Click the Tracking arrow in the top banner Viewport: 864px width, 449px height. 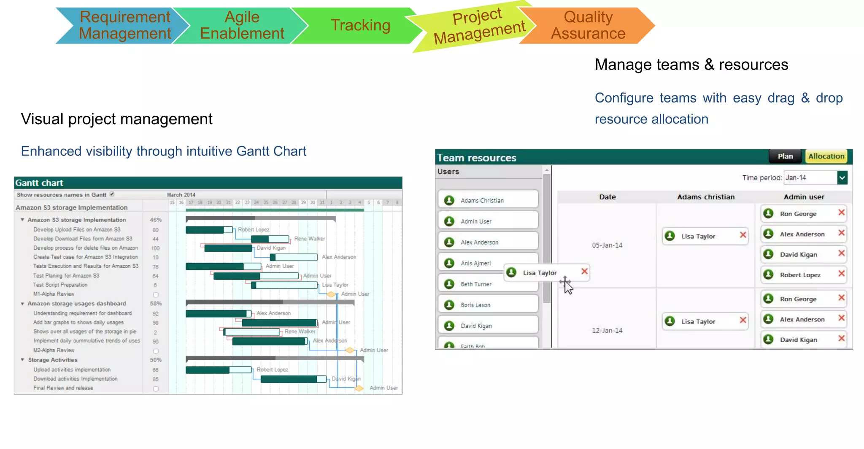pyautogui.click(x=360, y=25)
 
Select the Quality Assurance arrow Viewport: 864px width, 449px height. pyautogui.click(x=588, y=25)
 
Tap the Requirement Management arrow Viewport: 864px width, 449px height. pyautogui.click(x=124, y=25)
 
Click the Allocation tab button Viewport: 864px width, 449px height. pyautogui.click(x=826, y=156)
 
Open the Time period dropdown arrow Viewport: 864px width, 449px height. pyautogui.click(x=842, y=178)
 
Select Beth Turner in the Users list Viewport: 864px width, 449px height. pyautogui.click(x=476, y=284)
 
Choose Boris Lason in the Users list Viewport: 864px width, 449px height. pyautogui.click(x=475, y=305)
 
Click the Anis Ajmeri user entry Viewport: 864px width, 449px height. pyautogui.click(x=475, y=263)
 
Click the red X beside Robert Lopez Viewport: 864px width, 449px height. pyautogui.click(x=841, y=274)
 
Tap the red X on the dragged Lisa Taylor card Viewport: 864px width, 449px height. pyautogui.click(x=584, y=272)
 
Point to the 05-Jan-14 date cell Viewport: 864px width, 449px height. pyautogui.click(x=607, y=245)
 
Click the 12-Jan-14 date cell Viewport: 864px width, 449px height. pyautogui.click(x=607, y=331)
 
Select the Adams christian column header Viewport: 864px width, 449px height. pyautogui.click(x=706, y=197)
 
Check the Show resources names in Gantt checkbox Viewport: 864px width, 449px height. pyautogui.click(x=112, y=194)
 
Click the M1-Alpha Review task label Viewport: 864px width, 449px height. pyautogui.click(x=54, y=294)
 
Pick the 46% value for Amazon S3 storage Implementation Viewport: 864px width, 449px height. pyautogui.click(x=156, y=220)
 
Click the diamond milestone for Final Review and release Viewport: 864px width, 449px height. pyautogui.click(x=359, y=388)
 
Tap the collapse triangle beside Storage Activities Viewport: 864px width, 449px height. pyautogui.click(x=22, y=360)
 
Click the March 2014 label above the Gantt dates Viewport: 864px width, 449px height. pyautogui.click(x=181, y=195)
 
